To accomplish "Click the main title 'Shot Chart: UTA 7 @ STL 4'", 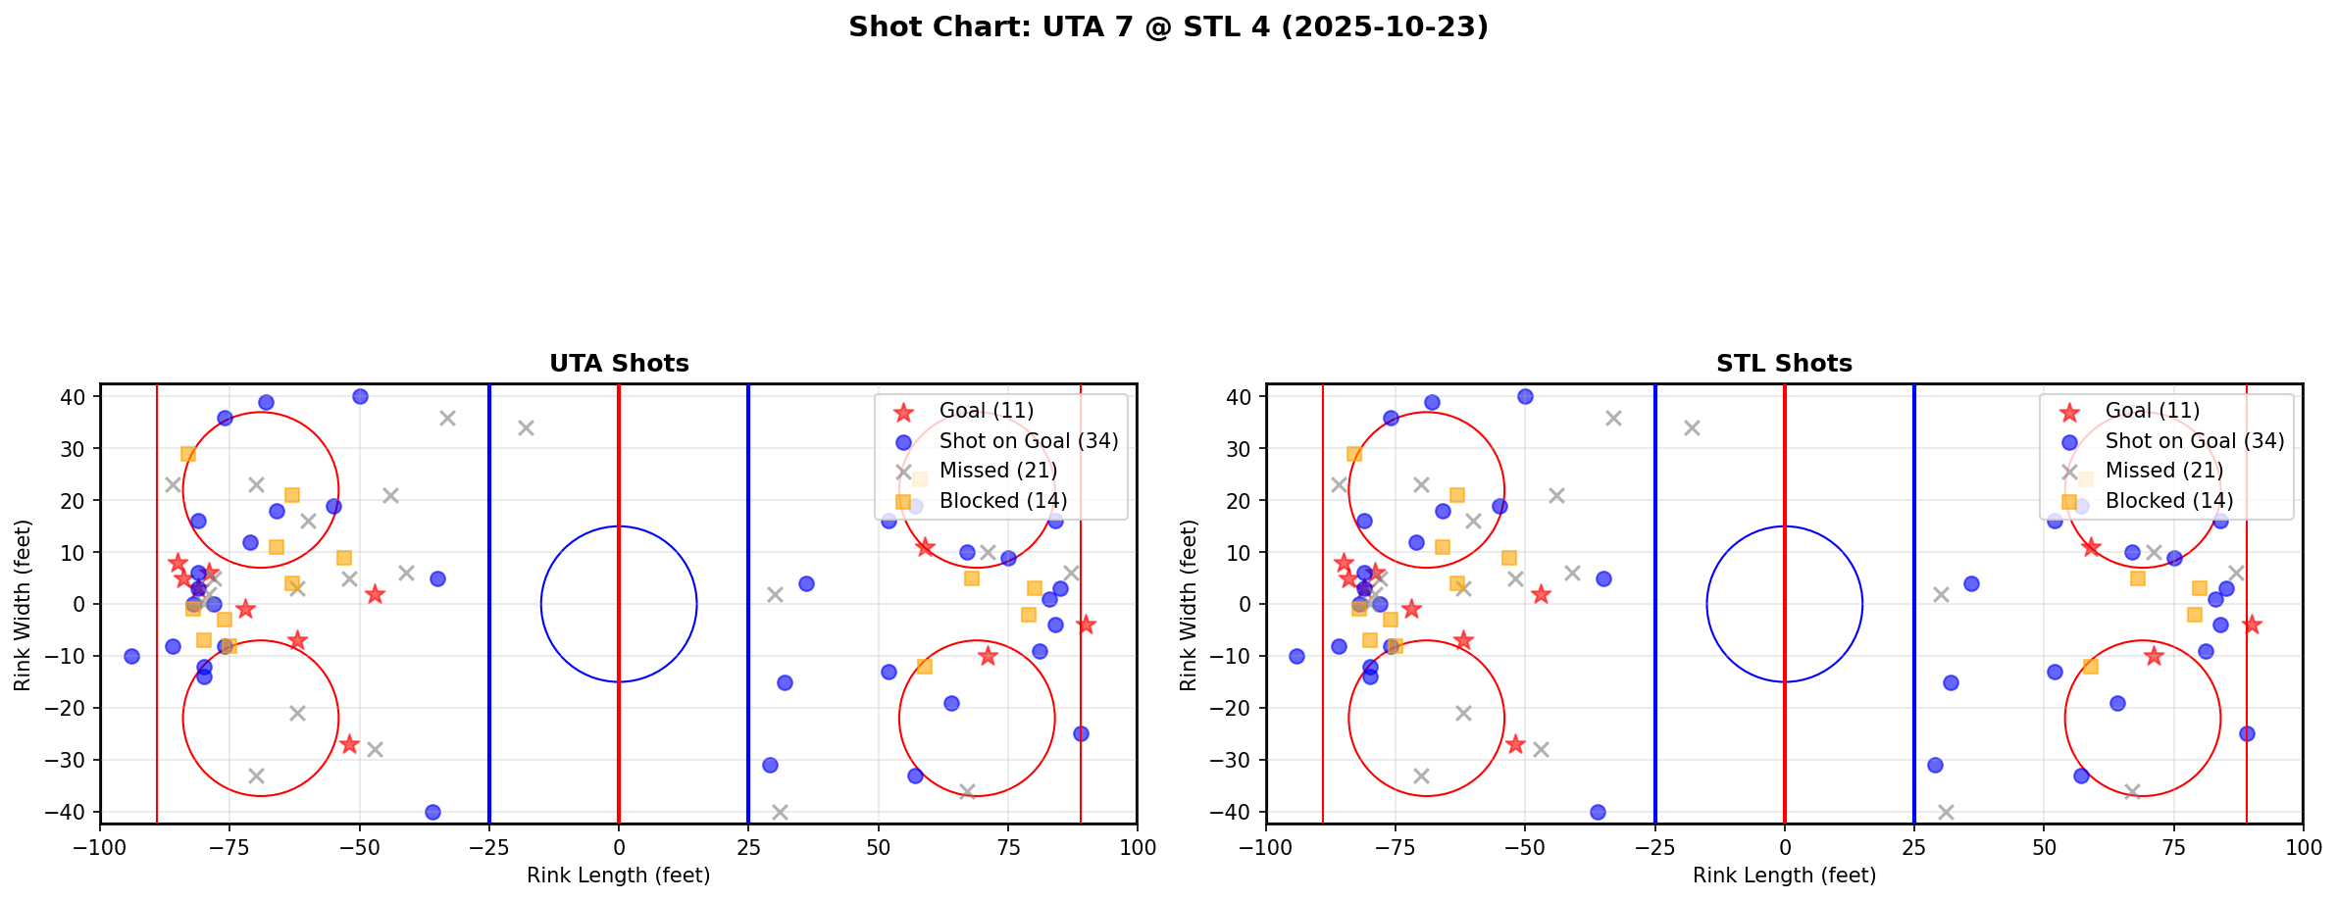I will [x=1168, y=27].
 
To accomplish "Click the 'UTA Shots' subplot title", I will [x=619, y=364].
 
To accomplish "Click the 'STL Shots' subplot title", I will [x=1784, y=364].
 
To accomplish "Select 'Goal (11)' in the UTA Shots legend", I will [x=986, y=411].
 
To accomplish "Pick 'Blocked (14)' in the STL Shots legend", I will [x=2168, y=501].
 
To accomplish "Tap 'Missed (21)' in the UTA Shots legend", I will [x=997, y=471].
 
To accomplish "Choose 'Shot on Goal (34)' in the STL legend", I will [x=2195, y=441].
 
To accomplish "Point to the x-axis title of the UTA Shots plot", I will [x=619, y=876].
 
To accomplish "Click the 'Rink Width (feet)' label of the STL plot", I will [x=1189, y=605].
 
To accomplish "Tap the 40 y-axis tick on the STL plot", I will [x=1241, y=397].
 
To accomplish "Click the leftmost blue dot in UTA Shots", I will [x=131, y=656].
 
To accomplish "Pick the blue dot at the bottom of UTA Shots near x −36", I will [x=432, y=812].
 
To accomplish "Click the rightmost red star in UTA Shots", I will [x=1086, y=625].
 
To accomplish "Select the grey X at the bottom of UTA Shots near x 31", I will [x=780, y=812].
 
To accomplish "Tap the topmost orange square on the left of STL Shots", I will [x=1354, y=454].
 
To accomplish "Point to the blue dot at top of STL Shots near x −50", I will [x=1525, y=397].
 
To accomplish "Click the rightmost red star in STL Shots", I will [x=2252, y=625].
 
